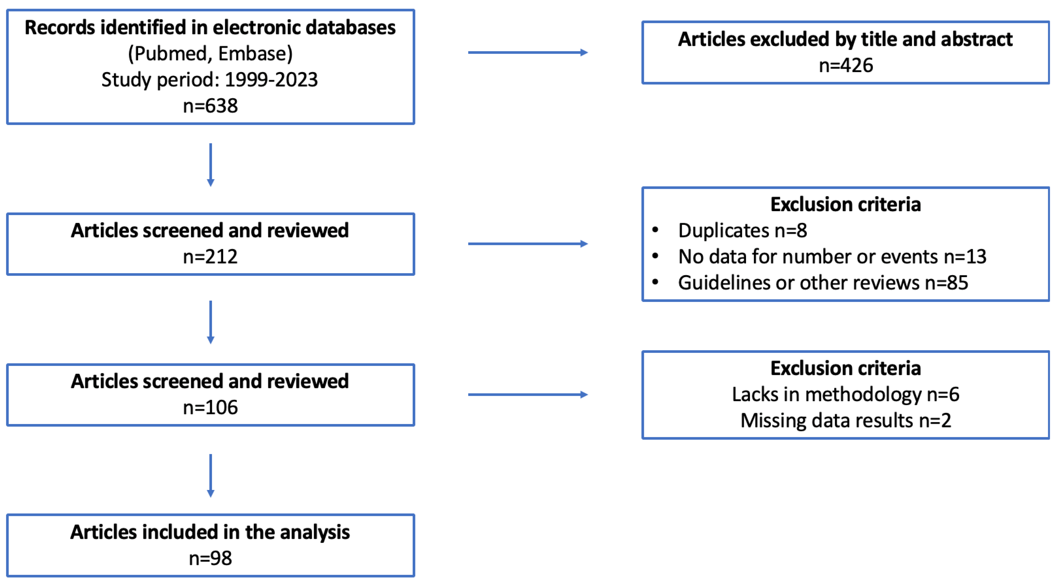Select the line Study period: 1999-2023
[x=210, y=80]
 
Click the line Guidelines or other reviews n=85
[x=823, y=283]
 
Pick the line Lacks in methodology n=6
[x=845, y=395]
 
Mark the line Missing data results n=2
[x=845, y=421]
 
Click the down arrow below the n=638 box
[x=211, y=165]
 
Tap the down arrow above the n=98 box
[x=211, y=475]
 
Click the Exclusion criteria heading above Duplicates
[x=845, y=204]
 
